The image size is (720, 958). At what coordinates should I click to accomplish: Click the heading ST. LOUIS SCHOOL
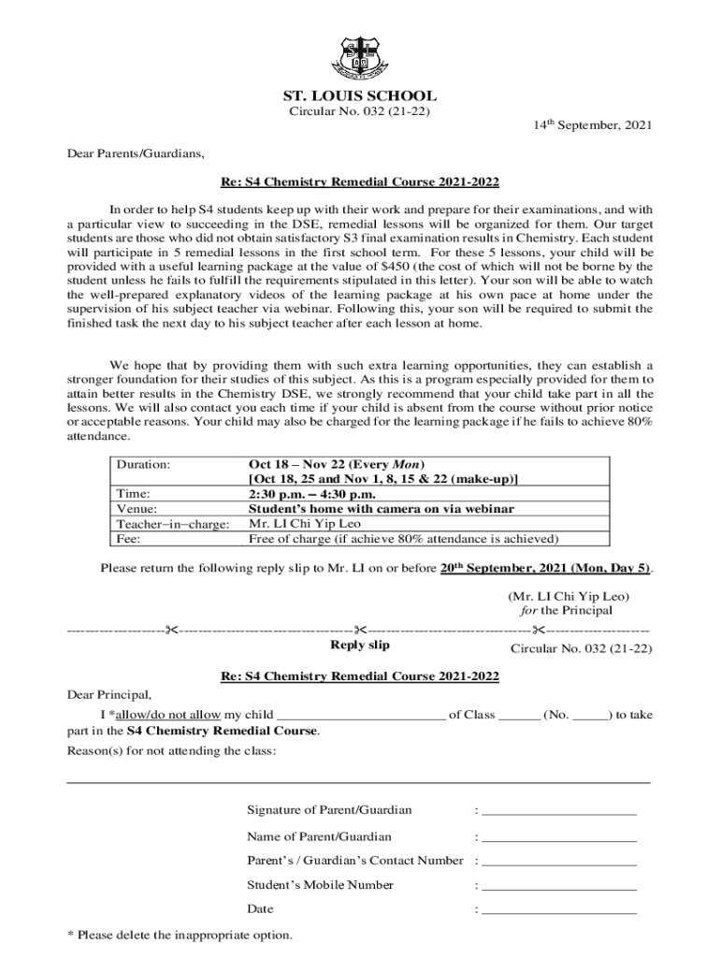click(360, 96)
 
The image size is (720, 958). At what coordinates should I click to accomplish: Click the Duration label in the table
click(143, 464)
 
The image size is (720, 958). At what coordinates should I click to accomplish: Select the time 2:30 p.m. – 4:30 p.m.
click(311, 494)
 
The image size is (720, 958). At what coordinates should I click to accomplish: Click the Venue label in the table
click(137, 510)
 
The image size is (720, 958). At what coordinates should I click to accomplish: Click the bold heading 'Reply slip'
click(360, 646)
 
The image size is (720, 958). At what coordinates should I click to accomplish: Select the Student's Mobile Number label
click(320, 885)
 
